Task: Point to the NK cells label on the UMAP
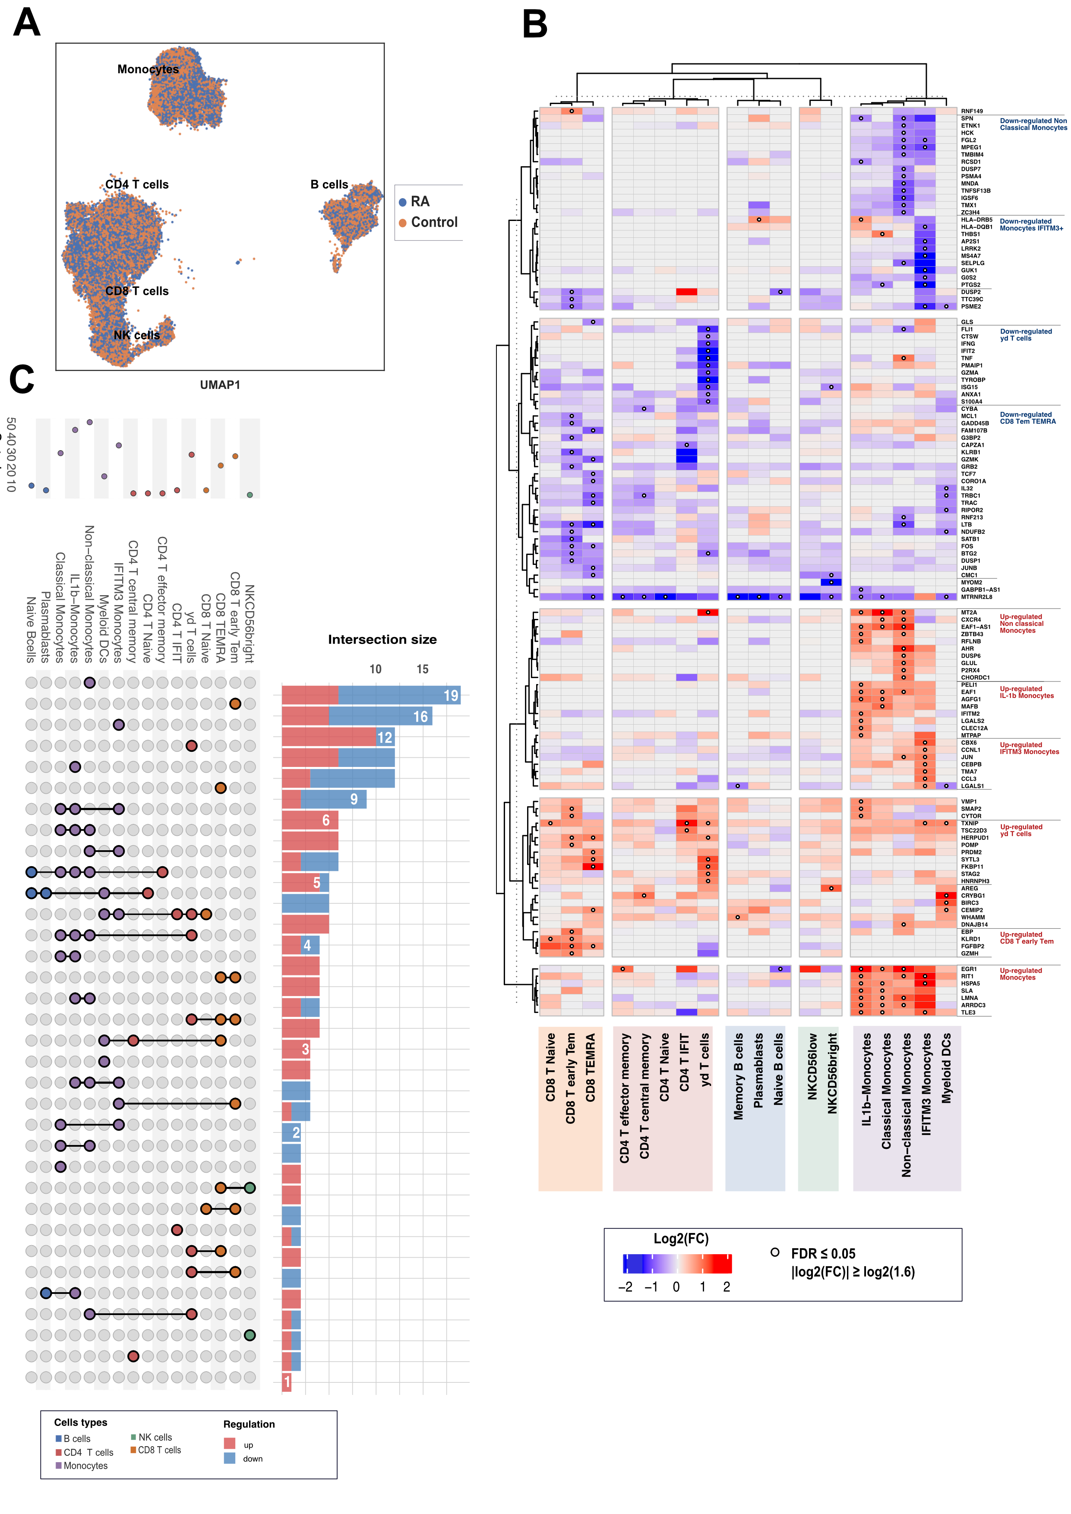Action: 136,335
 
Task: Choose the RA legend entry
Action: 420,201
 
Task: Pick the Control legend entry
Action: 434,222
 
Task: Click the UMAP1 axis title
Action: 220,385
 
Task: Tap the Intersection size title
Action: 382,640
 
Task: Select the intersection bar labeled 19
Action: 371,695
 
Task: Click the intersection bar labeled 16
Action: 357,716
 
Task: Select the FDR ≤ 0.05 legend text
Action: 823,1253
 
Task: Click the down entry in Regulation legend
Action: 253,1459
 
